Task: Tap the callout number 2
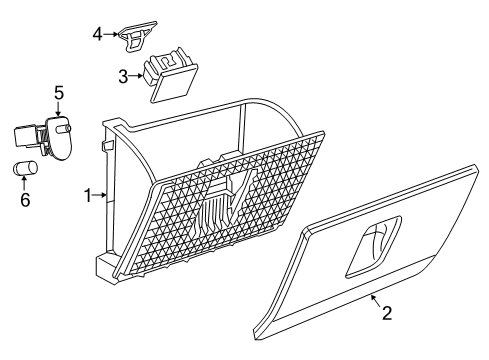coord(385,341)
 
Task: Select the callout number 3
coord(124,75)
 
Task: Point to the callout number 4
coord(97,33)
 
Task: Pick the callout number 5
coord(59,93)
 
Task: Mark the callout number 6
coord(25,199)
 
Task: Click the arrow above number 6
coord(25,182)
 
